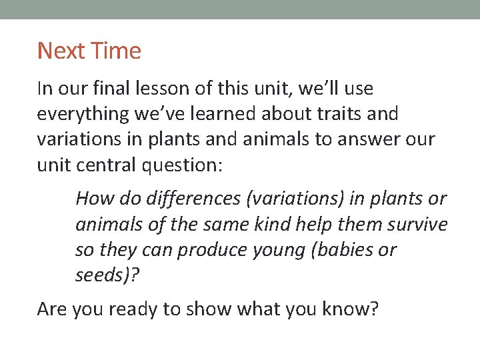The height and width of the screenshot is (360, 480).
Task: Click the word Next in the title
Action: (x=61, y=51)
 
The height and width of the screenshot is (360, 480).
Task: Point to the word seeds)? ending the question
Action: (x=107, y=275)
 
